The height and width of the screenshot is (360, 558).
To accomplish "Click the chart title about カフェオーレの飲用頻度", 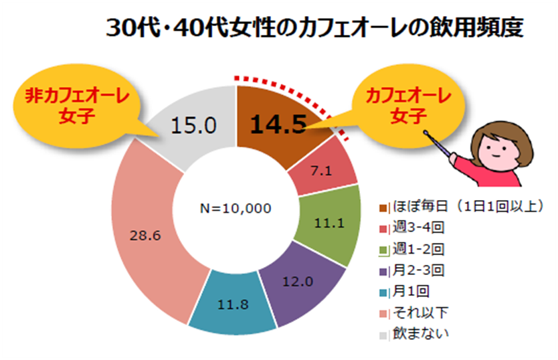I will coord(314,29).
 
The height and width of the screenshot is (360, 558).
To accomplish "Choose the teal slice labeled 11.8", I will coord(233,305).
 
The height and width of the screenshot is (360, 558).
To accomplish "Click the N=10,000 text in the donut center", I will coord(236,208).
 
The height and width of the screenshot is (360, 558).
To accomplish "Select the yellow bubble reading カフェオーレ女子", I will coord(405,106).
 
